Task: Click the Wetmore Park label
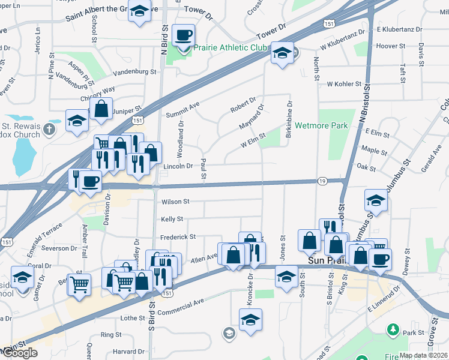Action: click(x=321, y=127)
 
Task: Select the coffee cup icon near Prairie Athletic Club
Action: click(x=184, y=35)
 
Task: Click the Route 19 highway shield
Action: click(x=323, y=181)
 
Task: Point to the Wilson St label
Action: click(x=175, y=202)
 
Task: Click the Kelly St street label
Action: click(x=172, y=220)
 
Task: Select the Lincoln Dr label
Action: click(x=178, y=166)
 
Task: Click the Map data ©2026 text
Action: click(x=423, y=355)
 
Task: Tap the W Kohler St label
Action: click(x=341, y=85)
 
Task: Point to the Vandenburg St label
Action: click(x=136, y=72)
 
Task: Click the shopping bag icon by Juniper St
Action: click(x=101, y=110)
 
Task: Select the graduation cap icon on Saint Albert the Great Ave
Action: click(x=140, y=12)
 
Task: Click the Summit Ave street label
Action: click(x=182, y=110)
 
